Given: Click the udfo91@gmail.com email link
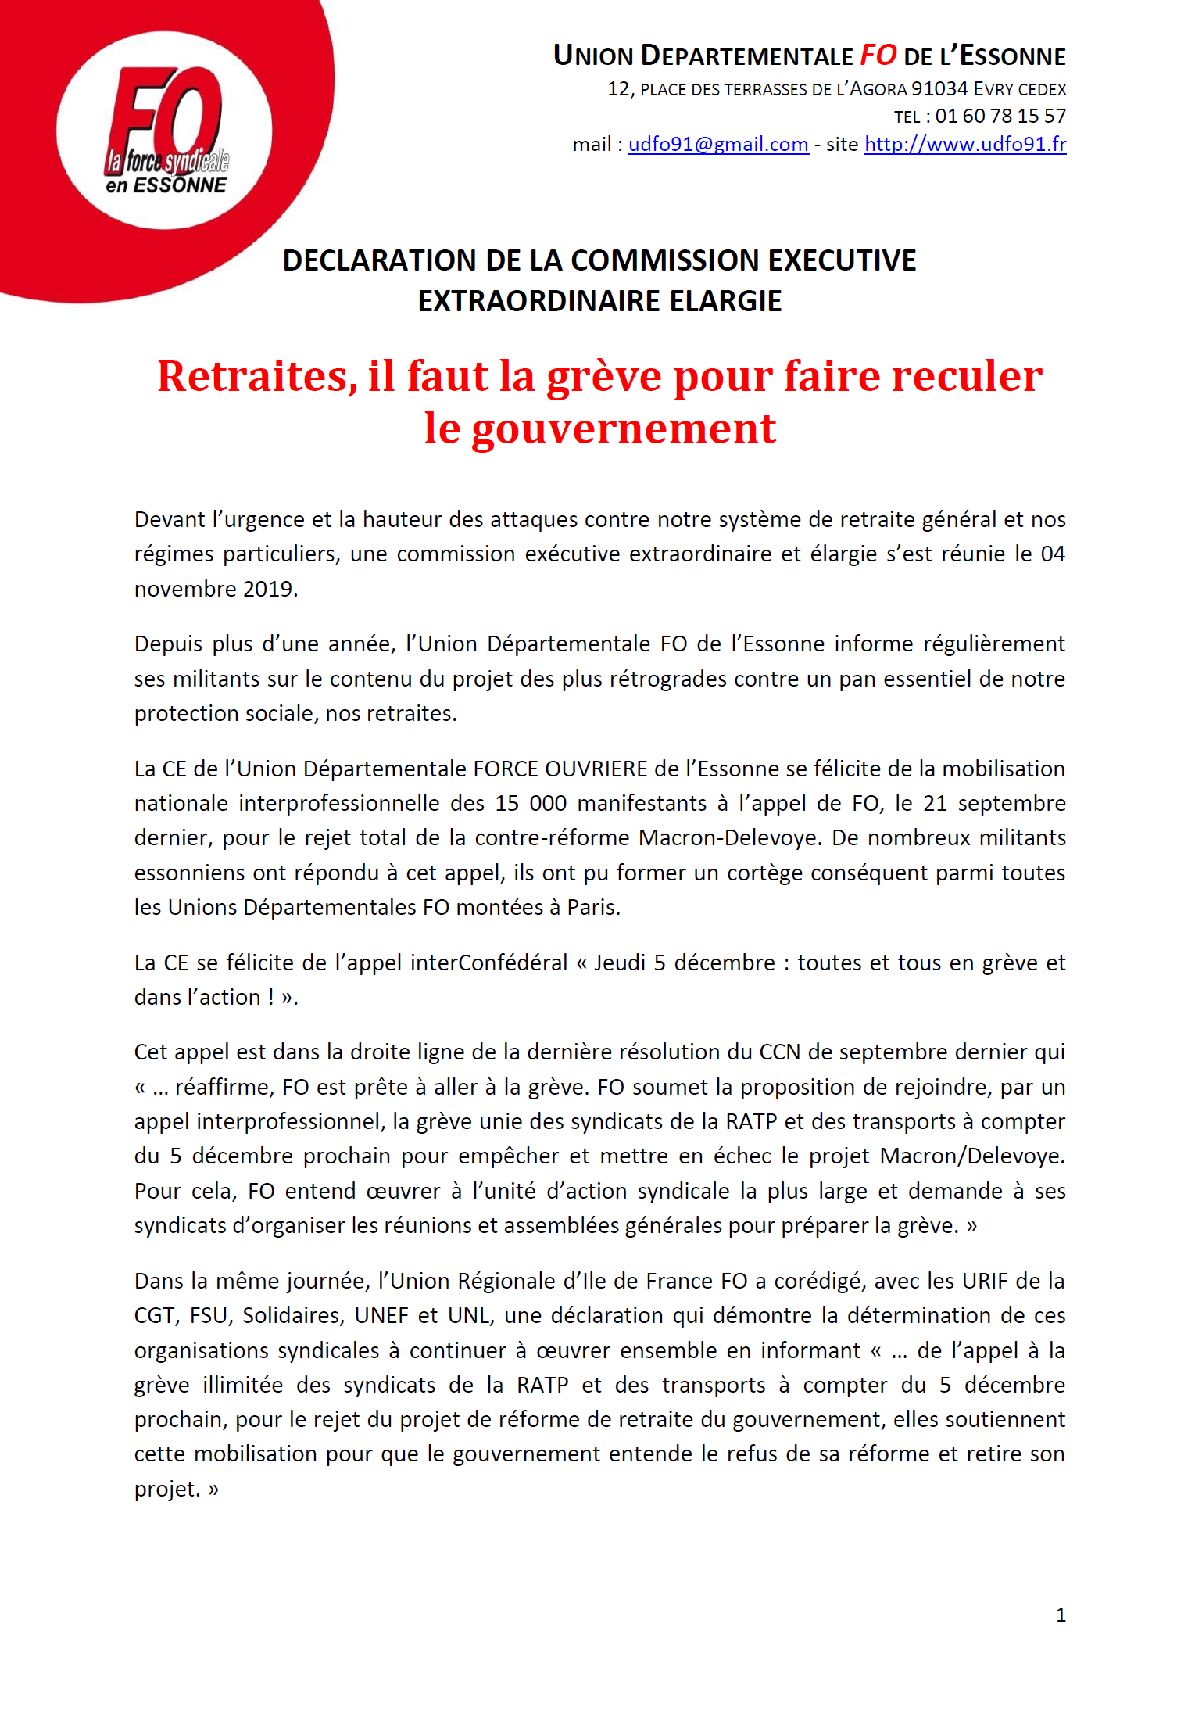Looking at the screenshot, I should (x=717, y=145).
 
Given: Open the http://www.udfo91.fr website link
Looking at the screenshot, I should (x=964, y=145).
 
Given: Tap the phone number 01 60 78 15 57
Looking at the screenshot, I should (x=1000, y=117).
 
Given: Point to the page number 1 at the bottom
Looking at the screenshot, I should (x=1061, y=1615).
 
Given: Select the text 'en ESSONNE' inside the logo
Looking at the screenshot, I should (x=166, y=185).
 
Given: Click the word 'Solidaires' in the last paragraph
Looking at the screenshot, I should (x=293, y=1316).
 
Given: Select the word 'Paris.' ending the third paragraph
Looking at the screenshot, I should (x=593, y=908).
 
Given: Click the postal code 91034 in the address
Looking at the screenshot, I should (x=939, y=89).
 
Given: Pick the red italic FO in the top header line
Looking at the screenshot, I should (x=878, y=56).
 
